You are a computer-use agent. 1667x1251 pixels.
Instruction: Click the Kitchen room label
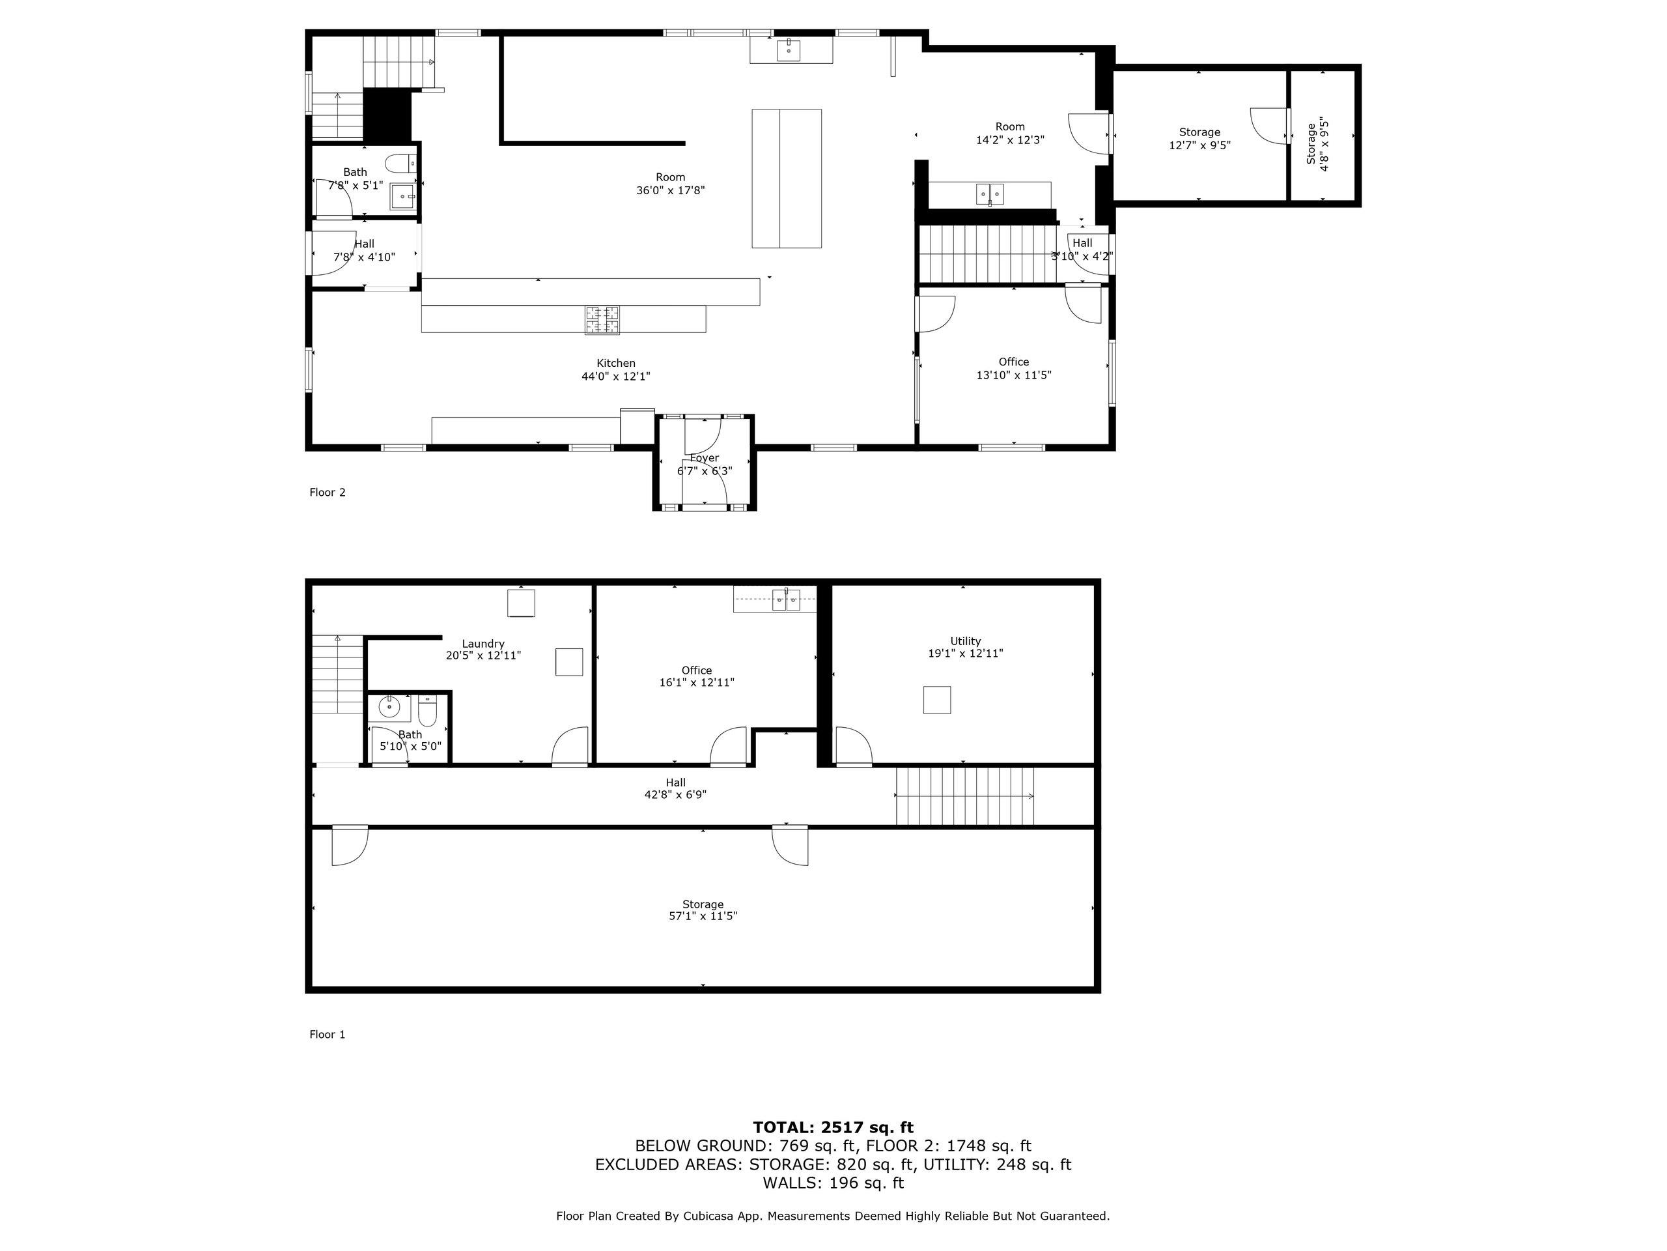pos(616,364)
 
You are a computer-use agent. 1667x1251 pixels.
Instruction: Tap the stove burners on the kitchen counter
pos(602,320)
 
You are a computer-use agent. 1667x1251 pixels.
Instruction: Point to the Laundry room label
pos(483,644)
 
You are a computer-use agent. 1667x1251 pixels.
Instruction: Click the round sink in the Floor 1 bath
pos(389,708)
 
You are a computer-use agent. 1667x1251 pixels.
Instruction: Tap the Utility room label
pos(966,642)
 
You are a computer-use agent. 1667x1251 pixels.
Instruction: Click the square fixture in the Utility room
pos(937,700)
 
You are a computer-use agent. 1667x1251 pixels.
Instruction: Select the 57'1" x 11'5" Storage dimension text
pos(703,916)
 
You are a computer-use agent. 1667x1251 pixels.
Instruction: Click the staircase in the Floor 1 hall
pos(964,796)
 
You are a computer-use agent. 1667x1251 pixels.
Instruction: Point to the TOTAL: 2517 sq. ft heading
pos(833,1127)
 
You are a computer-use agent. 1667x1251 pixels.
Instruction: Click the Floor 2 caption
pos(327,493)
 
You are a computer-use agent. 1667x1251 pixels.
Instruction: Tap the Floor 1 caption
pos(327,1035)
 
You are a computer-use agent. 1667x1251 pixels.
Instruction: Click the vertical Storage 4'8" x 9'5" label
pos(1317,143)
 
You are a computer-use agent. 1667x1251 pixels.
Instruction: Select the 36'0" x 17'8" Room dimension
pos(670,191)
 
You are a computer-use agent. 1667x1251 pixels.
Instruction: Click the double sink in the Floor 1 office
pos(787,600)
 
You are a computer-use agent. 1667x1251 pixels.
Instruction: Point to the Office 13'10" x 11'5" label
pos(1014,369)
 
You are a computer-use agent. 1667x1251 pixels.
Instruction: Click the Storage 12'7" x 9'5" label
pos(1199,139)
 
